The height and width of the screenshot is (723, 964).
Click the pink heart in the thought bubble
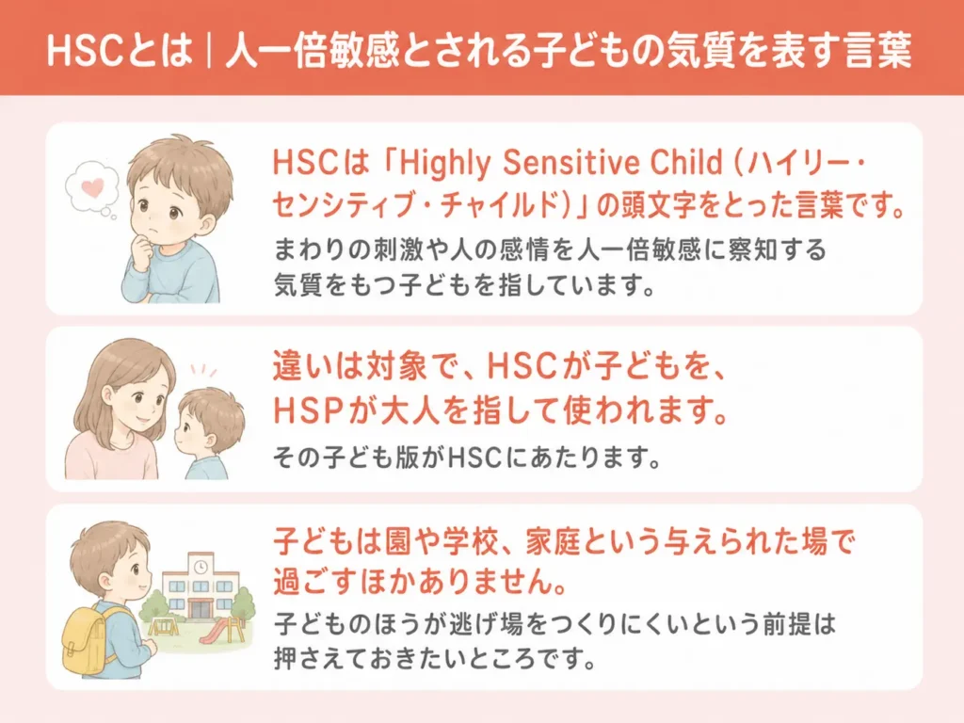click(x=92, y=187)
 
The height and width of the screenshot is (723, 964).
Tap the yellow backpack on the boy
click(x=86, y=639)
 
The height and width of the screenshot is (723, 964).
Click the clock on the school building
click(x=200, y=567)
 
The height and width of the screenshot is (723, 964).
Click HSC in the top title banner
click(x=85, y=51)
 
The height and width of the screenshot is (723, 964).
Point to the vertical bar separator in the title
click(x=210, y=51)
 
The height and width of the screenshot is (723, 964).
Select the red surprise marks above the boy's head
click(x=203, y=370)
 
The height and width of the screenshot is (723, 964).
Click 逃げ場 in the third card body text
click(x=485, y=624)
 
